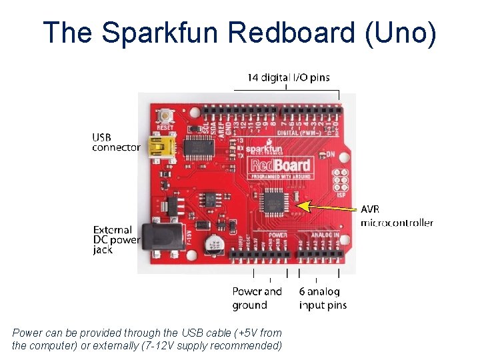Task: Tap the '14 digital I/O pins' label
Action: (288, 77)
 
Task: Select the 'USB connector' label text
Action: (115, 142)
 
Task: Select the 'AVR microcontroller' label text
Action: (396, 216)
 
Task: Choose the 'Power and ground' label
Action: (257, 298)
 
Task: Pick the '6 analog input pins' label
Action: (323, 298)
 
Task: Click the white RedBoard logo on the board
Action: (280, 165)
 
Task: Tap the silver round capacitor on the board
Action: (215, 243)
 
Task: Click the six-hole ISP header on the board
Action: (341, 180)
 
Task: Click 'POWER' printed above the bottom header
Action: (277, 235)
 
